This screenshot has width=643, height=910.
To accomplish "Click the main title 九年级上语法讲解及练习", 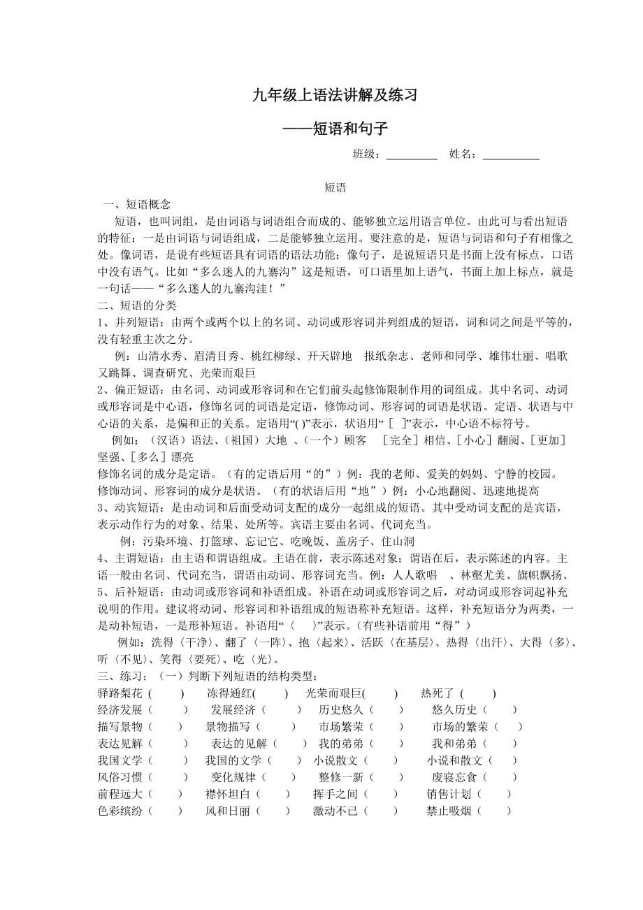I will [335, 96].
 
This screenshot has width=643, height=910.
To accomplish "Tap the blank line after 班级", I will [412, 155].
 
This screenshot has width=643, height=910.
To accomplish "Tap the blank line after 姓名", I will [511, 155].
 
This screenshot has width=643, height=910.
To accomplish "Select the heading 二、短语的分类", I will [138, 305].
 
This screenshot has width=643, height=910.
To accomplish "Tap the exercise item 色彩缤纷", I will [120, 811].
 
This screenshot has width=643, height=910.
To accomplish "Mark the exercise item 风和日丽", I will [228, 811].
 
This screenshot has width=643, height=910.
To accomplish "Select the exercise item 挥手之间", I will [335, 794].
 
